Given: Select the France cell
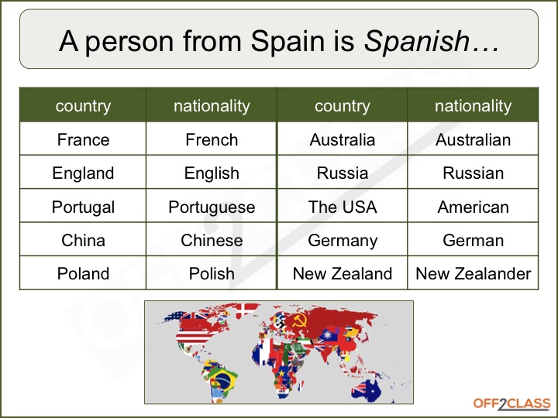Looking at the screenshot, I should click(83, 140).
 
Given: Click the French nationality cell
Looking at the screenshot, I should click(212, 140).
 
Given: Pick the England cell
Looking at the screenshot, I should click(83, 173).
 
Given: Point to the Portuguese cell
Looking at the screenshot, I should click(212, 207).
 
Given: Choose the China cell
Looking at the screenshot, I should click(83, 241).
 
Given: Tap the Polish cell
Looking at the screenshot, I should click(212, 274).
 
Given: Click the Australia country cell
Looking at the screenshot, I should click(342, 140).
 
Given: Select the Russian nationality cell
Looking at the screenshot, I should click(473, 173).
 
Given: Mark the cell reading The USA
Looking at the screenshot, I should click(342, 207).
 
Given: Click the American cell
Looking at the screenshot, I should click(473, 207).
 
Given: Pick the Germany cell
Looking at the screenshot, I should click(342, 241).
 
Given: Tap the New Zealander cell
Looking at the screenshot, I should click(473, 274).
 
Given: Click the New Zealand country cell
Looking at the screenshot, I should click(342, 274).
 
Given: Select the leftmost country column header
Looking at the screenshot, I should click(83, 106).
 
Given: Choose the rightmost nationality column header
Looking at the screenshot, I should click(473, 106).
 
